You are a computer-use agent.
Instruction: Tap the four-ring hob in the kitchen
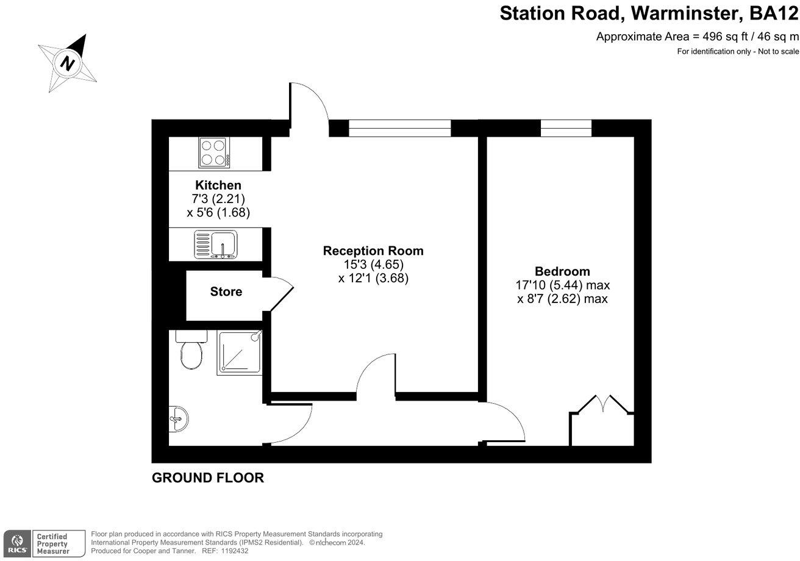tap(214, 153)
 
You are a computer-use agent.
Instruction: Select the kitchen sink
tap(215, 245)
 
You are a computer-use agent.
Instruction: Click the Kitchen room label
tap(218, 185)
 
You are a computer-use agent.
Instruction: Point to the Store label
tap(226, 292)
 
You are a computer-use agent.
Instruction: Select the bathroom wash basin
tap(178, 420)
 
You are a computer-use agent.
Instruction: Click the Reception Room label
tap(373, 251)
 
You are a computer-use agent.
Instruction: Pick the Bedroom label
tap(562, 271)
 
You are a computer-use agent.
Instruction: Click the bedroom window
tap(566, 128)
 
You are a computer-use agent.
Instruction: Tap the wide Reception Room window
tap(400, 128)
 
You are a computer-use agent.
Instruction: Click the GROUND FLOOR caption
tap(208, 477)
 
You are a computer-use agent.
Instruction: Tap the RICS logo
tap(17, 543)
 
